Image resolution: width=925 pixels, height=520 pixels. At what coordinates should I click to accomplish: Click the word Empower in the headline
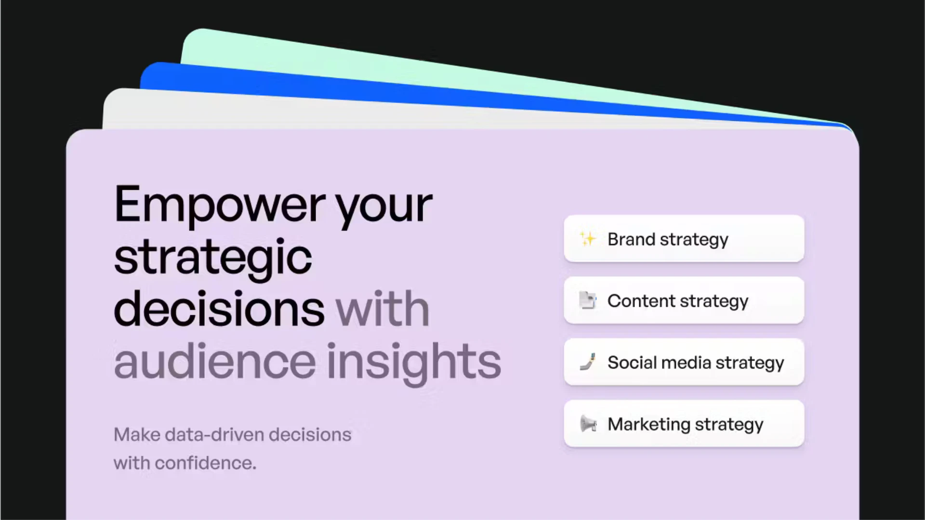coord(220,205)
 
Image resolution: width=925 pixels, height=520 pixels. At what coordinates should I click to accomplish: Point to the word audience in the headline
coord(215,361)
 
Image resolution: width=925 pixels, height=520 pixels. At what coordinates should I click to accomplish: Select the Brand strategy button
coord(684,239)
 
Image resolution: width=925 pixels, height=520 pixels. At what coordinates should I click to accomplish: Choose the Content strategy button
coord(684,300)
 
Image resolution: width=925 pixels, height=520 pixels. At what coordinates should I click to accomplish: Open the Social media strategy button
coord(684,362)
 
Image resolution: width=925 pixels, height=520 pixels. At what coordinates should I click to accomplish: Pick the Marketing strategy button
coord(684,424)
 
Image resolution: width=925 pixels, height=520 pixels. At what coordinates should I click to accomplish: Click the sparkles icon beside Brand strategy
coord(588,239)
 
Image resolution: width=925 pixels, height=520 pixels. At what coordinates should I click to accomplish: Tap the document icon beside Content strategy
coord(588,300)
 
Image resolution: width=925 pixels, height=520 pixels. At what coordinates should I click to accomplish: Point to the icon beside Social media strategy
coord(588,362)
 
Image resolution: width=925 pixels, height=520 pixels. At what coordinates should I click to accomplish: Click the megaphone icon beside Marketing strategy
coord(588,424)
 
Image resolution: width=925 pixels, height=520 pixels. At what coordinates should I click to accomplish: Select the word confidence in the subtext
coord(205,463)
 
